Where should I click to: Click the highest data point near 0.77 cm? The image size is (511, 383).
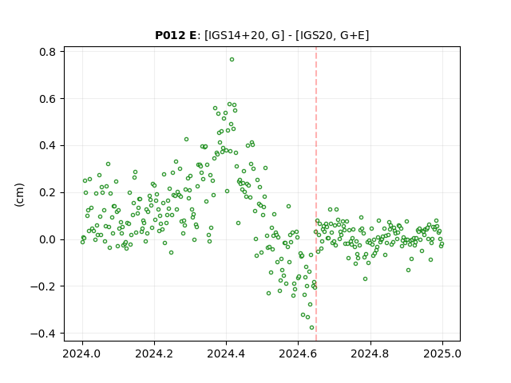click(232, 60)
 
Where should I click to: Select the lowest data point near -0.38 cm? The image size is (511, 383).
click(312, 328)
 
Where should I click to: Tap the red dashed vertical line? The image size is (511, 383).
click(316, 194)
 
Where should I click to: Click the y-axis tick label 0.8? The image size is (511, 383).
click(47, 52)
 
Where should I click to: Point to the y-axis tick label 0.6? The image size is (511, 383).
click(47, 99)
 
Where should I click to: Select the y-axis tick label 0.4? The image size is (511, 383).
click(47, 145)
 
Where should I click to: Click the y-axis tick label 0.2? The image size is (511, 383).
click(47, 192)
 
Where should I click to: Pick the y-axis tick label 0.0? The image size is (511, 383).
click(47, 239)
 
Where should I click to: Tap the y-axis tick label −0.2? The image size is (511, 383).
click(43, 286)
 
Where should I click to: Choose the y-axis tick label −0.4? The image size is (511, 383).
click(43, 334)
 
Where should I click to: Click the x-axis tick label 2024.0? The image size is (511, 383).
click(82, 353)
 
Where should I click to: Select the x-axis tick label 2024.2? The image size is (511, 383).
click(154, 353)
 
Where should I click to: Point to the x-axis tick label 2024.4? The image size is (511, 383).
click(226, 353)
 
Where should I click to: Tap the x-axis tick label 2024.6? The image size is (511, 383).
click(298, 353)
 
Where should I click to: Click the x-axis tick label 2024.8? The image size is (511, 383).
click(370, 353)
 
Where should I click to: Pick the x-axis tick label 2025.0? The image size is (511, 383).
click(442, 353)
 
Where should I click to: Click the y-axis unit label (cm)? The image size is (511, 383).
click(19, 195)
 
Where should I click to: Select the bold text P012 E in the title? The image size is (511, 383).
click(176, 35)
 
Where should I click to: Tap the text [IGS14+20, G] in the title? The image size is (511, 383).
click(242, 35)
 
